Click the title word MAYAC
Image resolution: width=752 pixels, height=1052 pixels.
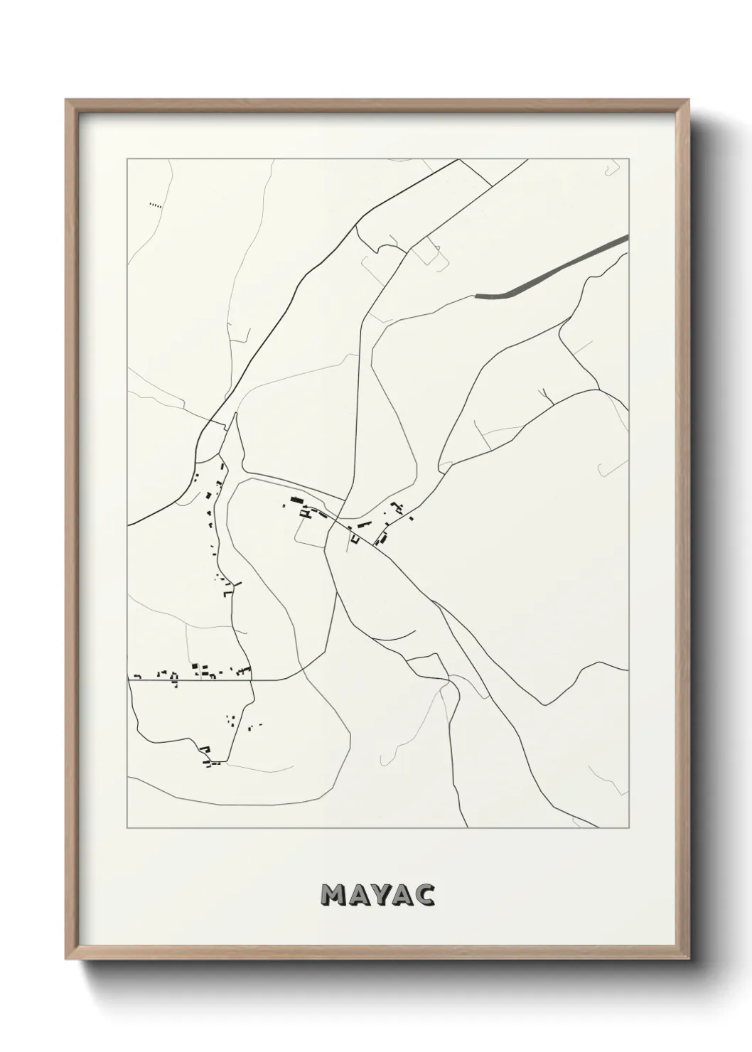tap(377, 896)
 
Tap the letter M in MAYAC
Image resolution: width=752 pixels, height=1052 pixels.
tap(334, 896)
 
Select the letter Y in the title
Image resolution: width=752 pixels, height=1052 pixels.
tap(379, 896)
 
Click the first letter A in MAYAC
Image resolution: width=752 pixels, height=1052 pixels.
tap(357, 896)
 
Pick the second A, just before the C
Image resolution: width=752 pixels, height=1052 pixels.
tap(402, 896)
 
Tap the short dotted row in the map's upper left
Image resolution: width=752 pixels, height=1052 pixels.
tap(156, 205)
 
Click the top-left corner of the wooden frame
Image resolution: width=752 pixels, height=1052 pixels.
tap(68, 102)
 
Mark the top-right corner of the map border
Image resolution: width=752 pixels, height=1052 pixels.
tap(630, 159)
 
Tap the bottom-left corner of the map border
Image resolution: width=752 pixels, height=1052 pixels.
tap(127, 828)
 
